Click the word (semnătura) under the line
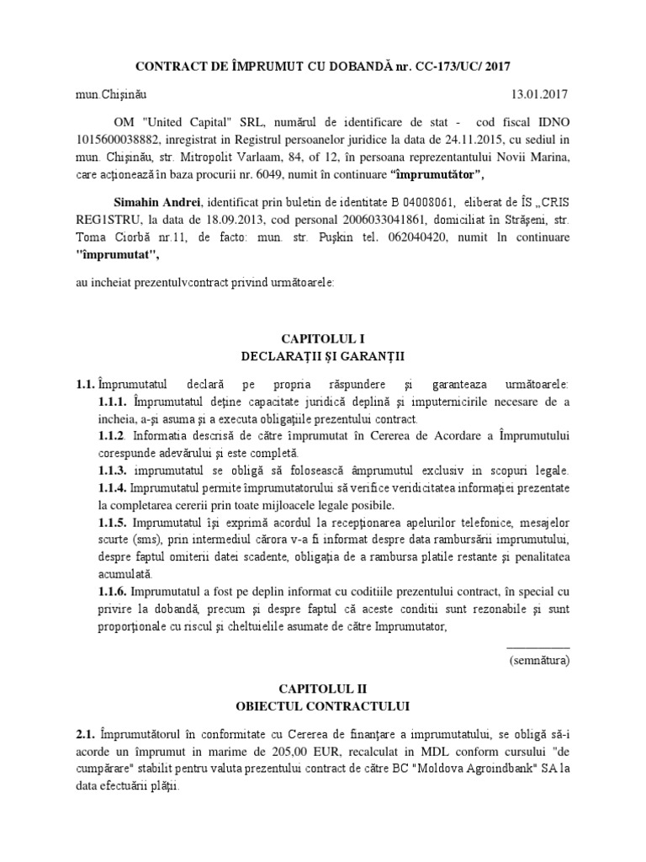point(539,661)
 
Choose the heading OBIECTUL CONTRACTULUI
point(322,705)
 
